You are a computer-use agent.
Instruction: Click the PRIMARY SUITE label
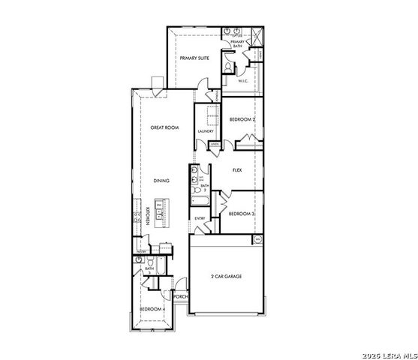coord(194,57)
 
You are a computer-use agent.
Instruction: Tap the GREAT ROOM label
coord(164,128)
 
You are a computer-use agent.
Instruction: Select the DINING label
coord(161,180)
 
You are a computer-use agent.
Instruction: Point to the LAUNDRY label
coord(205,132)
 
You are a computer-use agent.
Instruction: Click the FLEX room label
coord(237,170)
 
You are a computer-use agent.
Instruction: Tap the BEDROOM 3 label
coord(242,214)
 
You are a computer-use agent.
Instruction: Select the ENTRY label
coord(200,218)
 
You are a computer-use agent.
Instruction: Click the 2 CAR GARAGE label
coord(226,277)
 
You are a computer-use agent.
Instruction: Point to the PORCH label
coord(180,297)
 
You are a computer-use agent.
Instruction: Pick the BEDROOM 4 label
coord(152,309)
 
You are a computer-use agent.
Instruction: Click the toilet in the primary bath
coord(227,66)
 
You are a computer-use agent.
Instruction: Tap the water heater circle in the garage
coord(257,239)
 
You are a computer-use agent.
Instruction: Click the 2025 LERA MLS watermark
coord(387,354)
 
